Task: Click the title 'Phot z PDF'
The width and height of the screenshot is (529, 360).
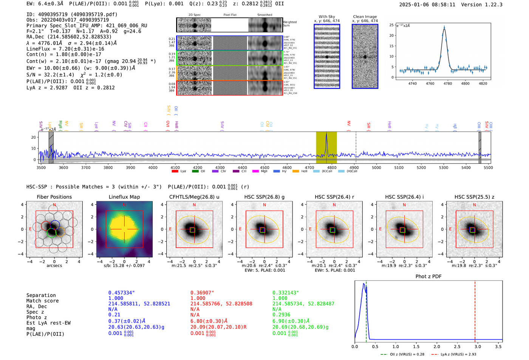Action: [x=428, y=277]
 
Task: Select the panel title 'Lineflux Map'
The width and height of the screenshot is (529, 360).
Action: [x=124, y=197]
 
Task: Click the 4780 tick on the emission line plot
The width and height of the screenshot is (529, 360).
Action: [x=448, y=83]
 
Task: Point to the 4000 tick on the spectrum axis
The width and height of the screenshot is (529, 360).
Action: [x=153, y=167]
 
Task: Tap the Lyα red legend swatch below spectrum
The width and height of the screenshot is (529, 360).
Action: [x=175, y=172]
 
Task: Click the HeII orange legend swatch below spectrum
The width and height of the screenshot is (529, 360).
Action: [x=295, y=172]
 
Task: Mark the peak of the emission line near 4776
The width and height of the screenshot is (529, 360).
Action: [x=444, y=27]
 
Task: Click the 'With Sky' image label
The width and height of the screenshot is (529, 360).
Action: [x=327, y=17]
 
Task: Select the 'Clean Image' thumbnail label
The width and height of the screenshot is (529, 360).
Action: [x=365, y=17]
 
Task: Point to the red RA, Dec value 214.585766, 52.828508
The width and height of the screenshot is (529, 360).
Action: [x=221, y=304]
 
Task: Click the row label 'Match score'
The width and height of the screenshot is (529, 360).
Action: [x=42, y=301]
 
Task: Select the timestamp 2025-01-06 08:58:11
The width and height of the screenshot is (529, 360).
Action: [x=427, y=5]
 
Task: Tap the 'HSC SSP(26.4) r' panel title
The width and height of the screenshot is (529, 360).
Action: [x=334, y=197]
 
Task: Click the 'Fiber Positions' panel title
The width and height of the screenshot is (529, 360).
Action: [x=54, y=197]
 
